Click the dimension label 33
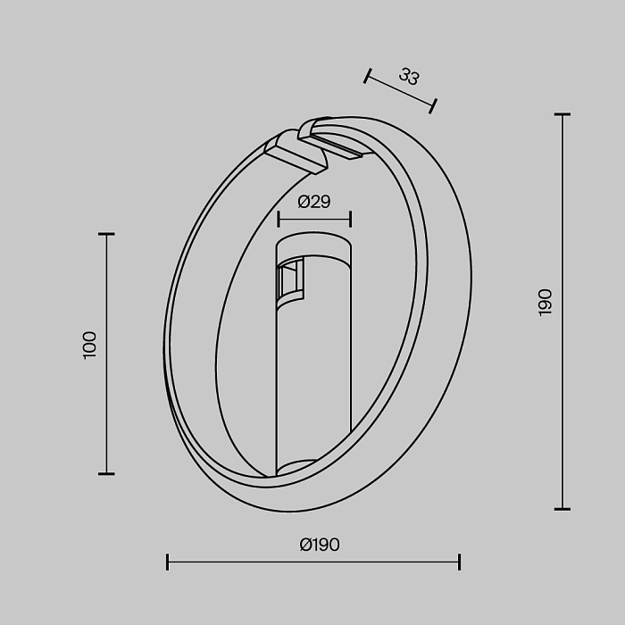(x=409, y=77)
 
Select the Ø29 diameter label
(x=313, y=202)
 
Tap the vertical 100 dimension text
(x=89, y=345)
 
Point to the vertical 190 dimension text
(x=545, y=302)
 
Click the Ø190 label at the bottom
(x=320, y=545)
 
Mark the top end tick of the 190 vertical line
(x=562, y=115)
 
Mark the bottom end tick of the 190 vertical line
(x=562, y=509)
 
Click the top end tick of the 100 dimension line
(x=106, y=234)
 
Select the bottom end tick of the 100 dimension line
(x=106, y=473)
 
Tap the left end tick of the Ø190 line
(x=168, y=562)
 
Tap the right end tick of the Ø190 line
(x=459, y=562)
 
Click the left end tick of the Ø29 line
(x=279, y=219)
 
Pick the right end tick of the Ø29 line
(x=350, y=219)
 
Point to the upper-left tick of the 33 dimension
(x=367, y=76)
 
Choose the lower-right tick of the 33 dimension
(x=433, y=106)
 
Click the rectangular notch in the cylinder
(x=289, y=280)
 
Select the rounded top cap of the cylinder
(x=313, y=246)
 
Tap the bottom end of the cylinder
(x=312, y=465)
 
